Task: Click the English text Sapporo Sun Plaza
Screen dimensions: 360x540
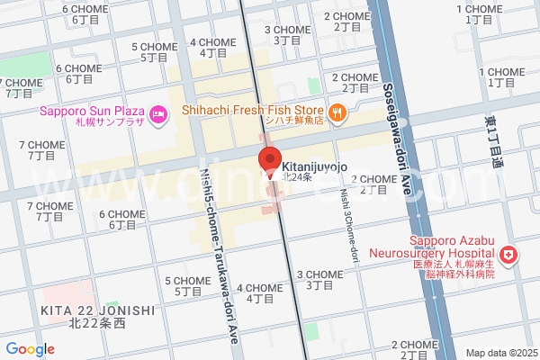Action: pos(93,112)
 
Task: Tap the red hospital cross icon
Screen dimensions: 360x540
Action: pos(509,256)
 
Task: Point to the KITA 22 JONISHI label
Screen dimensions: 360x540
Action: pos(97,310)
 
